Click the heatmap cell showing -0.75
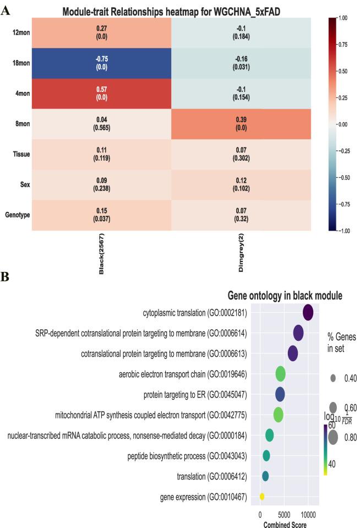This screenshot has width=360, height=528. [102, 64]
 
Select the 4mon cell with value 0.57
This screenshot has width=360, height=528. [102, 94]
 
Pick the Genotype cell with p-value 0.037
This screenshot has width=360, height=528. [102, 215]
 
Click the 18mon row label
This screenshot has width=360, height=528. [20, 64]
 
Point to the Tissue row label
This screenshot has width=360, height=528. [21, 155]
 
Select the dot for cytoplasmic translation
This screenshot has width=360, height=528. [308, 313]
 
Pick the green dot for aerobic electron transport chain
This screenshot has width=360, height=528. [280, 374]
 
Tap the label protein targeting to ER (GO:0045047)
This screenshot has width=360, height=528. [195, 395]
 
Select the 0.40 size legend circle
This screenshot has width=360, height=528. [334, 378]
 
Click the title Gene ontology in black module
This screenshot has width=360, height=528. [285, 296]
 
